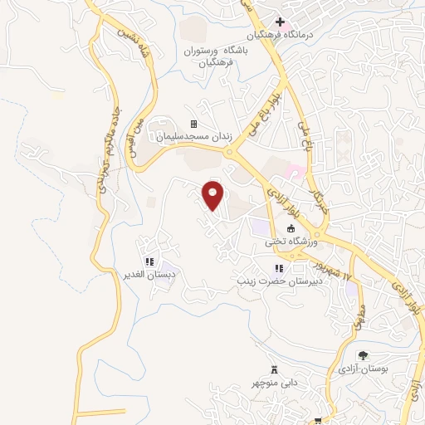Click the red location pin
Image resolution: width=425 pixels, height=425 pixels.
pyautogui.click(x=213, y=194)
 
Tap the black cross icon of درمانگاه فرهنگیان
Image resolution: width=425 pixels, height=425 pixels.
pyautogui.click(x=281, y=22)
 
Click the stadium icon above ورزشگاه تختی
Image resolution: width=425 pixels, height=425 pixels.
pyautogui.click(x=291, y=229)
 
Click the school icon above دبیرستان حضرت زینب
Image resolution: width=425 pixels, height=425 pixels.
pyautogui.click(x=279, y=267)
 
